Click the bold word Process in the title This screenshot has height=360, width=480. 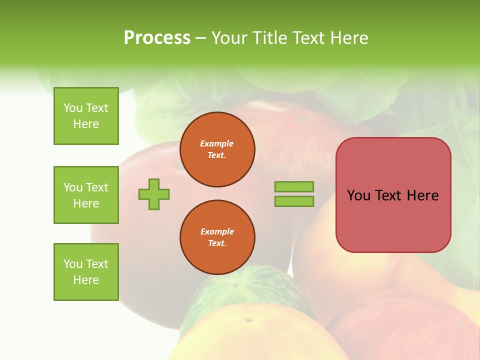point(157,38)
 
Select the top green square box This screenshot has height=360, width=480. point(86,116)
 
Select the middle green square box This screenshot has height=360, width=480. point(86,195)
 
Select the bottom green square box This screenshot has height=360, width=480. point(86,272)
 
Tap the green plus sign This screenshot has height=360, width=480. point(154,194)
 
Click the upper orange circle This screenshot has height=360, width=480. point(217,149)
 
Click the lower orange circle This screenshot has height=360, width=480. point(217,237)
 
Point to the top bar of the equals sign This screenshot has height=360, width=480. point(294,187)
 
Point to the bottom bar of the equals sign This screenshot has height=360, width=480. point(294,201)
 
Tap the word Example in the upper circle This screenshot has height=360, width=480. point(217,143)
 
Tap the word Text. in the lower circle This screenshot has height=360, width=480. point(217,243)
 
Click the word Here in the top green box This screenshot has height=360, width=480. point(86,124)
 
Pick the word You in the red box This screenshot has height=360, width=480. point(358,195)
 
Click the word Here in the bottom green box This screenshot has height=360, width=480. point(86,280)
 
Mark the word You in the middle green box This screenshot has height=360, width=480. point(73,187)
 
